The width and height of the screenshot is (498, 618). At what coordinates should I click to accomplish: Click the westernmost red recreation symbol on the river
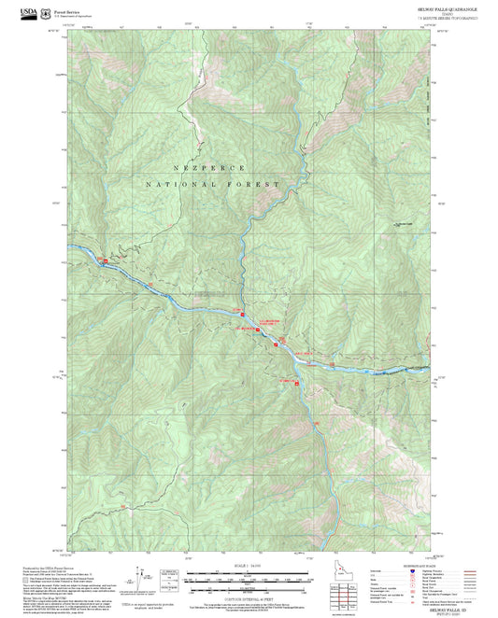(x=104, y=260)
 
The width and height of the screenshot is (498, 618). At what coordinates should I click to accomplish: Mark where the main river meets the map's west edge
(x=70, y=245)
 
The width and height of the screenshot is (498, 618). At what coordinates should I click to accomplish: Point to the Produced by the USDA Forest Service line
(x=47, y=567)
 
